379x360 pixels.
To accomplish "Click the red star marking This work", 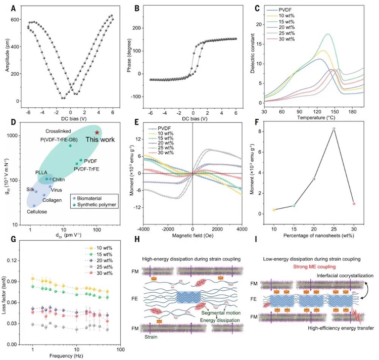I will (x=97, y=132).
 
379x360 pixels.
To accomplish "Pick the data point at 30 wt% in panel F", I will (x=354, y=203).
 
